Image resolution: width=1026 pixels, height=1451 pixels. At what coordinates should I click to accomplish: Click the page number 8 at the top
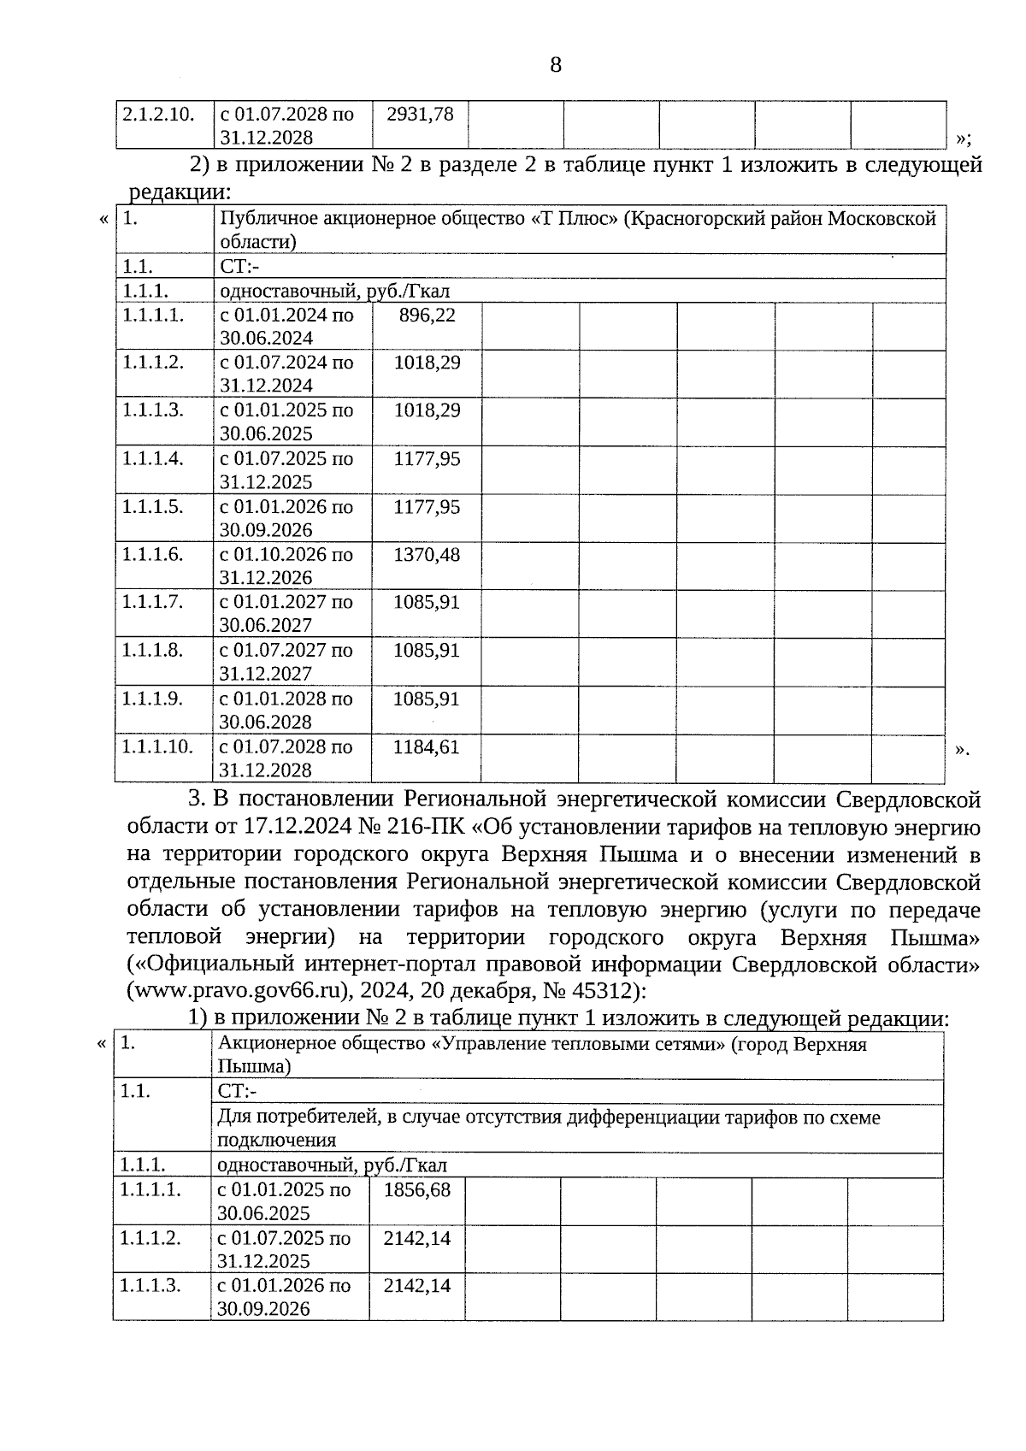(x=556, y=65)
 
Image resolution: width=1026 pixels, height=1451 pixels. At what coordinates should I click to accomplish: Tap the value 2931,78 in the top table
(x=420, y=114)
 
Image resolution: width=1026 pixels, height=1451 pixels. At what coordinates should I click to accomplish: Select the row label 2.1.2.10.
(x=158, y=114)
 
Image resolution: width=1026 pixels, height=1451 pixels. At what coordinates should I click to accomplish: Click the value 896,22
(x=427, y=315)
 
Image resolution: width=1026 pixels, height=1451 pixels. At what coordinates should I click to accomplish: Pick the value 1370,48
(x=426, y=555)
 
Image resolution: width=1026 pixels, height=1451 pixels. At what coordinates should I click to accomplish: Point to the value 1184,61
(x=426, y=747)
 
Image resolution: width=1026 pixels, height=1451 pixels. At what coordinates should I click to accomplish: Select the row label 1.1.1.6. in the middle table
(x=152, y=554)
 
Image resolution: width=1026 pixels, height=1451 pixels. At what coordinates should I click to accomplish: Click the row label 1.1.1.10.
(x=156, y=746)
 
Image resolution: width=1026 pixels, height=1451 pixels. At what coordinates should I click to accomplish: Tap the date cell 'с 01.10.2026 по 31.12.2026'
(x=286, y=565)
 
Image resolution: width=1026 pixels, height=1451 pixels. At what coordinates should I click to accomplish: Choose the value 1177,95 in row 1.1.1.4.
(x=426, y=459)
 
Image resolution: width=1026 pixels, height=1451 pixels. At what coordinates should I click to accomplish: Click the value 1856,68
(x=417, y=1190)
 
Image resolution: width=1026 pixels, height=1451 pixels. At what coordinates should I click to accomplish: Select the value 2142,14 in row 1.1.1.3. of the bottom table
(x=417, y=1286)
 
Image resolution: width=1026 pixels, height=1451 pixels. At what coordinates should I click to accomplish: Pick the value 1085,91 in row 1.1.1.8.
(x=426, y=651)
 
